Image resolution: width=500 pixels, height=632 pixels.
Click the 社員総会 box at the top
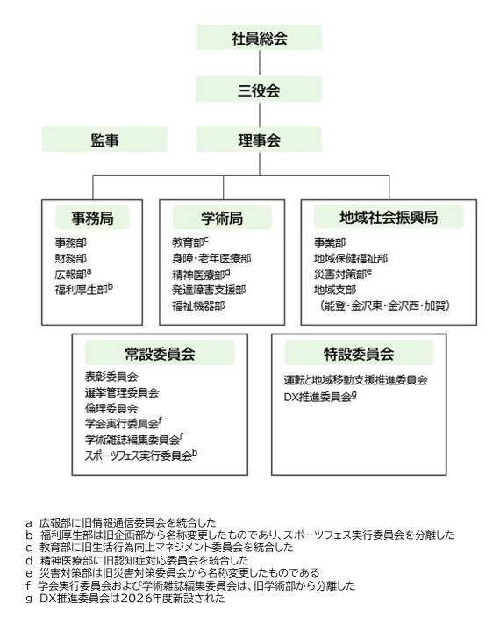point(259,38)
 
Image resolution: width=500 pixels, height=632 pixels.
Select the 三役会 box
point(259,90)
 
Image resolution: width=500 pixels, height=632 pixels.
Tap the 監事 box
point(104,140)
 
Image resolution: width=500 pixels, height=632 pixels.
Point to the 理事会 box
point(259,140)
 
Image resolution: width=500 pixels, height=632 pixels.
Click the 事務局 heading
point(92,218)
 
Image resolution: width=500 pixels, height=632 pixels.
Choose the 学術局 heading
point(222,218)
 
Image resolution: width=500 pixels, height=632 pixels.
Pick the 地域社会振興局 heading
point(389,217)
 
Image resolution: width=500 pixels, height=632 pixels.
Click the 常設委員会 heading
point(160,354)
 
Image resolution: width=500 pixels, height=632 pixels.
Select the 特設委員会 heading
point(359,354)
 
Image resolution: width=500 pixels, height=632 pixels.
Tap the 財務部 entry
point(70,258)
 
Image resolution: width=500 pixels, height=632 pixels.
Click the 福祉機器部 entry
point(198,306)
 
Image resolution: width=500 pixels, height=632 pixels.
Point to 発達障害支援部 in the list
point(209,290)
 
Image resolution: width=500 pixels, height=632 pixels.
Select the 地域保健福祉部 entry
point(351,258)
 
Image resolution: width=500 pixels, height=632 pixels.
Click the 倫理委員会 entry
point(111,408)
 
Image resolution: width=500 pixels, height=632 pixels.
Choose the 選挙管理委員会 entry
point(122,392)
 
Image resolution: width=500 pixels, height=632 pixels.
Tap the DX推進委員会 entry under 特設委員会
point(320,397)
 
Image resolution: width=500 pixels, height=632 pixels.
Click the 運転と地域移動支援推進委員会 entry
point(355,380)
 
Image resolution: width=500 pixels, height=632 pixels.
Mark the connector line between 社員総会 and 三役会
point(259,63)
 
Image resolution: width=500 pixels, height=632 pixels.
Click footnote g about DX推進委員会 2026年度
point(125,598)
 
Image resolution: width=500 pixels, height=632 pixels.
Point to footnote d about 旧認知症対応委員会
point(137,560)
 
